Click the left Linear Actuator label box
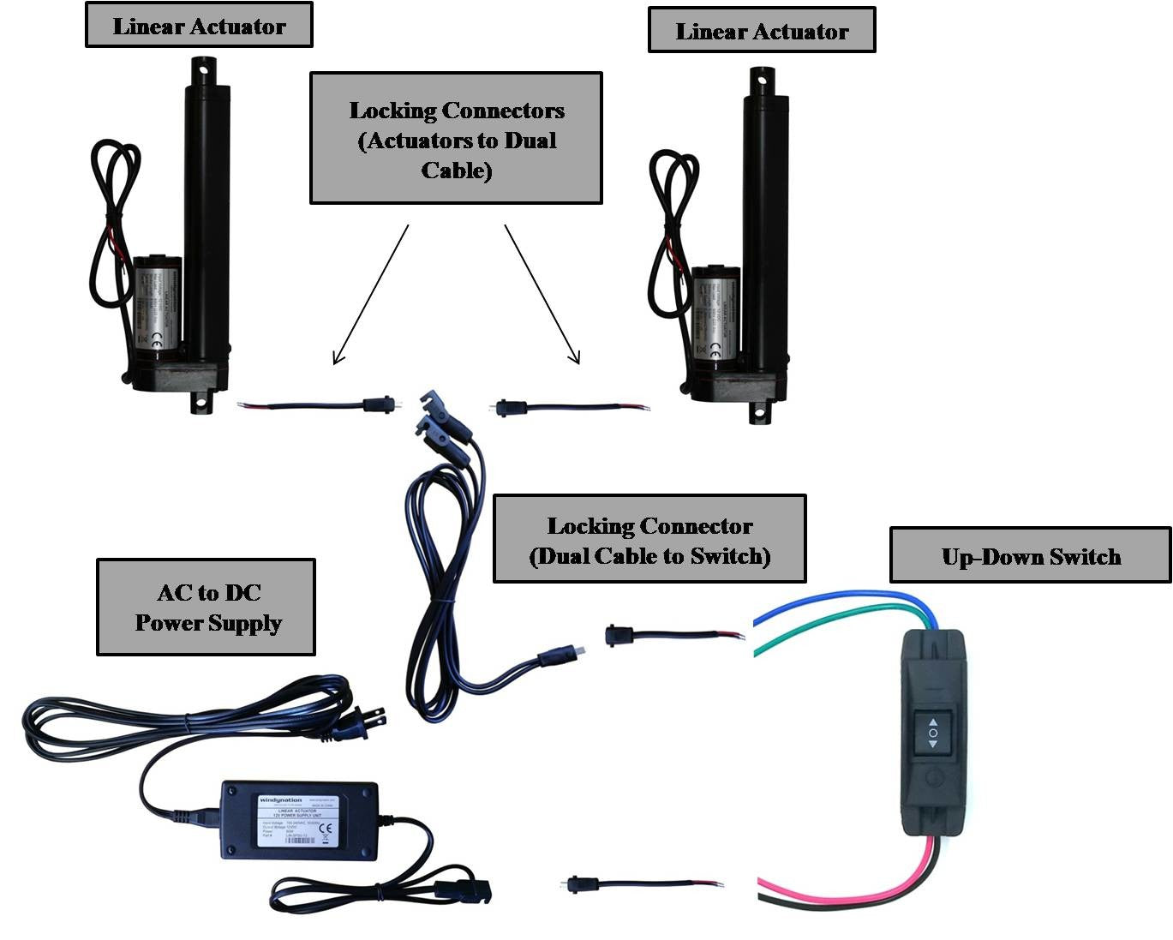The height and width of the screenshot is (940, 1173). pos(199,26)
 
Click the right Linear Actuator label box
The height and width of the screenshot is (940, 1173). pos(762,31)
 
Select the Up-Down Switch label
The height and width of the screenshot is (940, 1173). pos(1030,556)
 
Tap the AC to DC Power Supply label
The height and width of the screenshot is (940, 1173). pos(206,608)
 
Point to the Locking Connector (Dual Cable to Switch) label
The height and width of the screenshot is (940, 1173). pos(649,540)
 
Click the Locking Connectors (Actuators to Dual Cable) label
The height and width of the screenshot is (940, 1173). pos(456,139)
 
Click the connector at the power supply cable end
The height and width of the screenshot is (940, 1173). pos(463,891)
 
